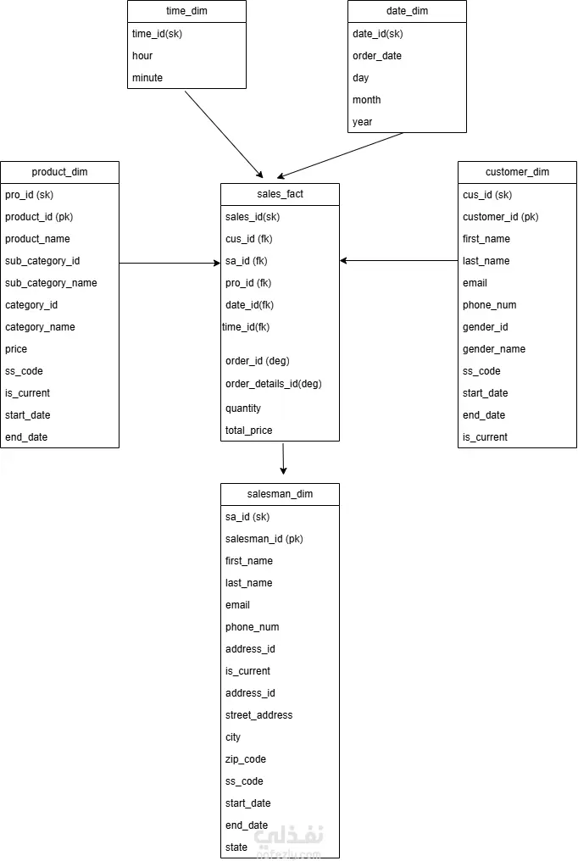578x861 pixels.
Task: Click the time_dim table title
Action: click(x=186, y=11)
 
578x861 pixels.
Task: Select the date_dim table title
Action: click(x=408, y=11)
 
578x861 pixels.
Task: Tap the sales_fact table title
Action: click(x=280, y=194)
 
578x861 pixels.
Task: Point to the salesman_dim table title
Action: click(x=280, y=494)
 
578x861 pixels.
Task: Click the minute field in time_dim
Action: click(x=147, y=78)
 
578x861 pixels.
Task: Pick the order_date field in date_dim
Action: click(x=377, y=56)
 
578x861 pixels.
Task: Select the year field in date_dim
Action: click(x=362, y=122)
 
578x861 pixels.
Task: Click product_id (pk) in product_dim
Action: click(x=39, y=217)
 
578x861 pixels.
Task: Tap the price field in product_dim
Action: click(x=16, y=349)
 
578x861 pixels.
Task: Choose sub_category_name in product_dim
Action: click(x=51, y=283)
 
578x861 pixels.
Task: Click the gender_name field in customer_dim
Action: click(x=494, y=349)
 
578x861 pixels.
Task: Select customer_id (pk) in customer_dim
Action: click(x=501, y=217)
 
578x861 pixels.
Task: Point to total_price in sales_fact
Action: click(x=248, y=430)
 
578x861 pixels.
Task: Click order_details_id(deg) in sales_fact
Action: click(x=274, y=384)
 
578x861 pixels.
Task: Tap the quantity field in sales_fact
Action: click(x=243, y=408)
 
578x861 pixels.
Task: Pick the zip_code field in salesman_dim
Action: click(x=246, y=759)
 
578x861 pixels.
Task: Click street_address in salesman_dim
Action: click(x=258, y=715)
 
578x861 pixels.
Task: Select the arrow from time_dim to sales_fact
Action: click(x=224, y=135)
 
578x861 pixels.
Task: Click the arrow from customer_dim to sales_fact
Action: click(x=398, y=261)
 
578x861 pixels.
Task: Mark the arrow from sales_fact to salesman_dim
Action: click(x=283, y=459)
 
